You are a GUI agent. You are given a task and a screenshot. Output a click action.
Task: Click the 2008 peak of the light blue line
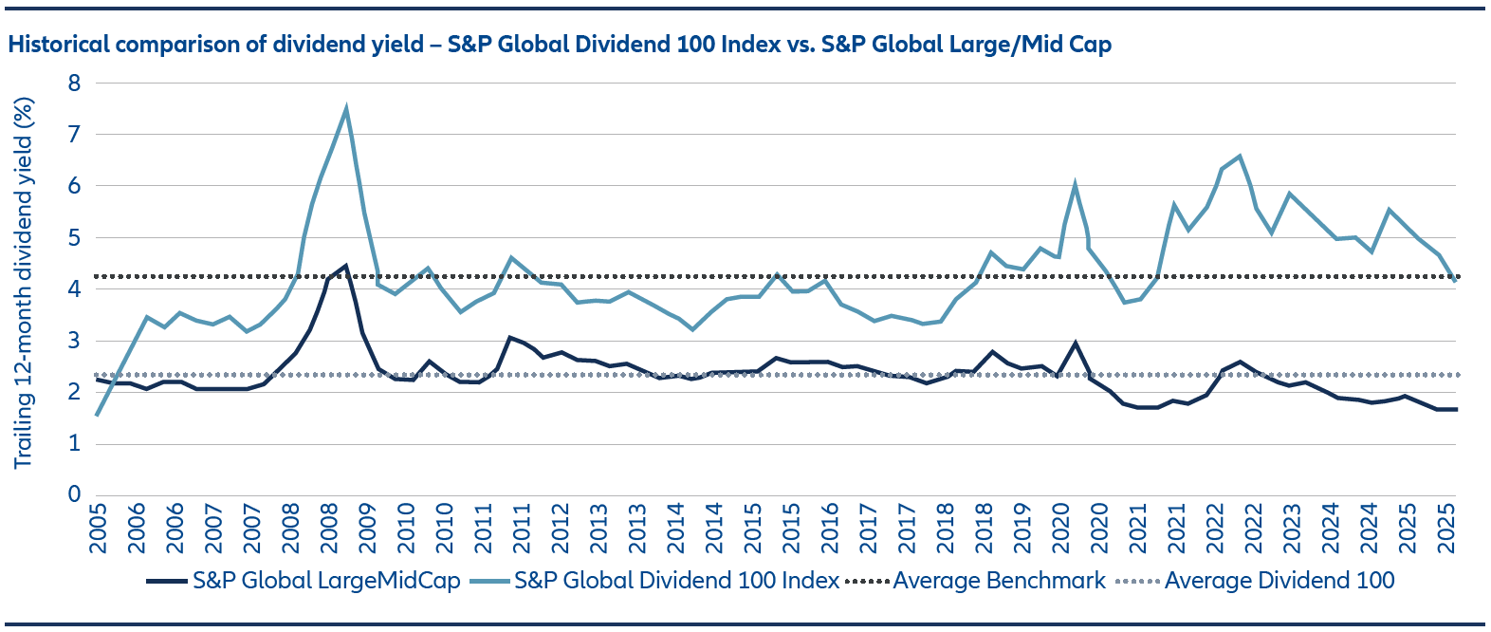click(x=346, y=108)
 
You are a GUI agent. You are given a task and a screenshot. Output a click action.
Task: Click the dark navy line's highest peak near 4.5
click(x=345, y=266)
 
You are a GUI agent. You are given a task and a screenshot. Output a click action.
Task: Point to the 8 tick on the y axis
click(x=74, y=84)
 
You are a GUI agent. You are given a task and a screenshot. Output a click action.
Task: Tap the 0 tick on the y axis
click(x=74, y=494)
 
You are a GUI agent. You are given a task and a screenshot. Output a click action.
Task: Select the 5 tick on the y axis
click(x=74, y=237)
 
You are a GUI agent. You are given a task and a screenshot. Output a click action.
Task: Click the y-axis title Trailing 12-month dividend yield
click(x=24, y=283)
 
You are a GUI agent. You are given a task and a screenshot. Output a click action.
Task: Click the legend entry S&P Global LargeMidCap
click(x=326, y=581)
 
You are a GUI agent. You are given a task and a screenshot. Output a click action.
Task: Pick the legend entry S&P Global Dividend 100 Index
click(x=676, y=581)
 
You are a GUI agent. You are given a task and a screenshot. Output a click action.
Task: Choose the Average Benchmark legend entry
click(x=999, y=581)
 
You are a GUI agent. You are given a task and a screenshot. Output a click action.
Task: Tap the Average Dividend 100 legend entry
click(x=1279, y=581)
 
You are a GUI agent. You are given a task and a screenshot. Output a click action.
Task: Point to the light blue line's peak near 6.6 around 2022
click(x=1240, y=157)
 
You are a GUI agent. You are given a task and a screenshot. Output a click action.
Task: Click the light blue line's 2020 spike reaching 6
click(x=1075, y=185)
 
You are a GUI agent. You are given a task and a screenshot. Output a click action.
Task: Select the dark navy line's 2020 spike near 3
click(x=1075, y=344)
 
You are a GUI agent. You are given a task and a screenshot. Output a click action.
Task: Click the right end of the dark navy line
click(x=1455, y=409)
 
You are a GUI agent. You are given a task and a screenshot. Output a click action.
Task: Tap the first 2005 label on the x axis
click(x=99, y=528)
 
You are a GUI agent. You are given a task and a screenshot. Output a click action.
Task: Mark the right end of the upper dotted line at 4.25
click(x=1455, y=277)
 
